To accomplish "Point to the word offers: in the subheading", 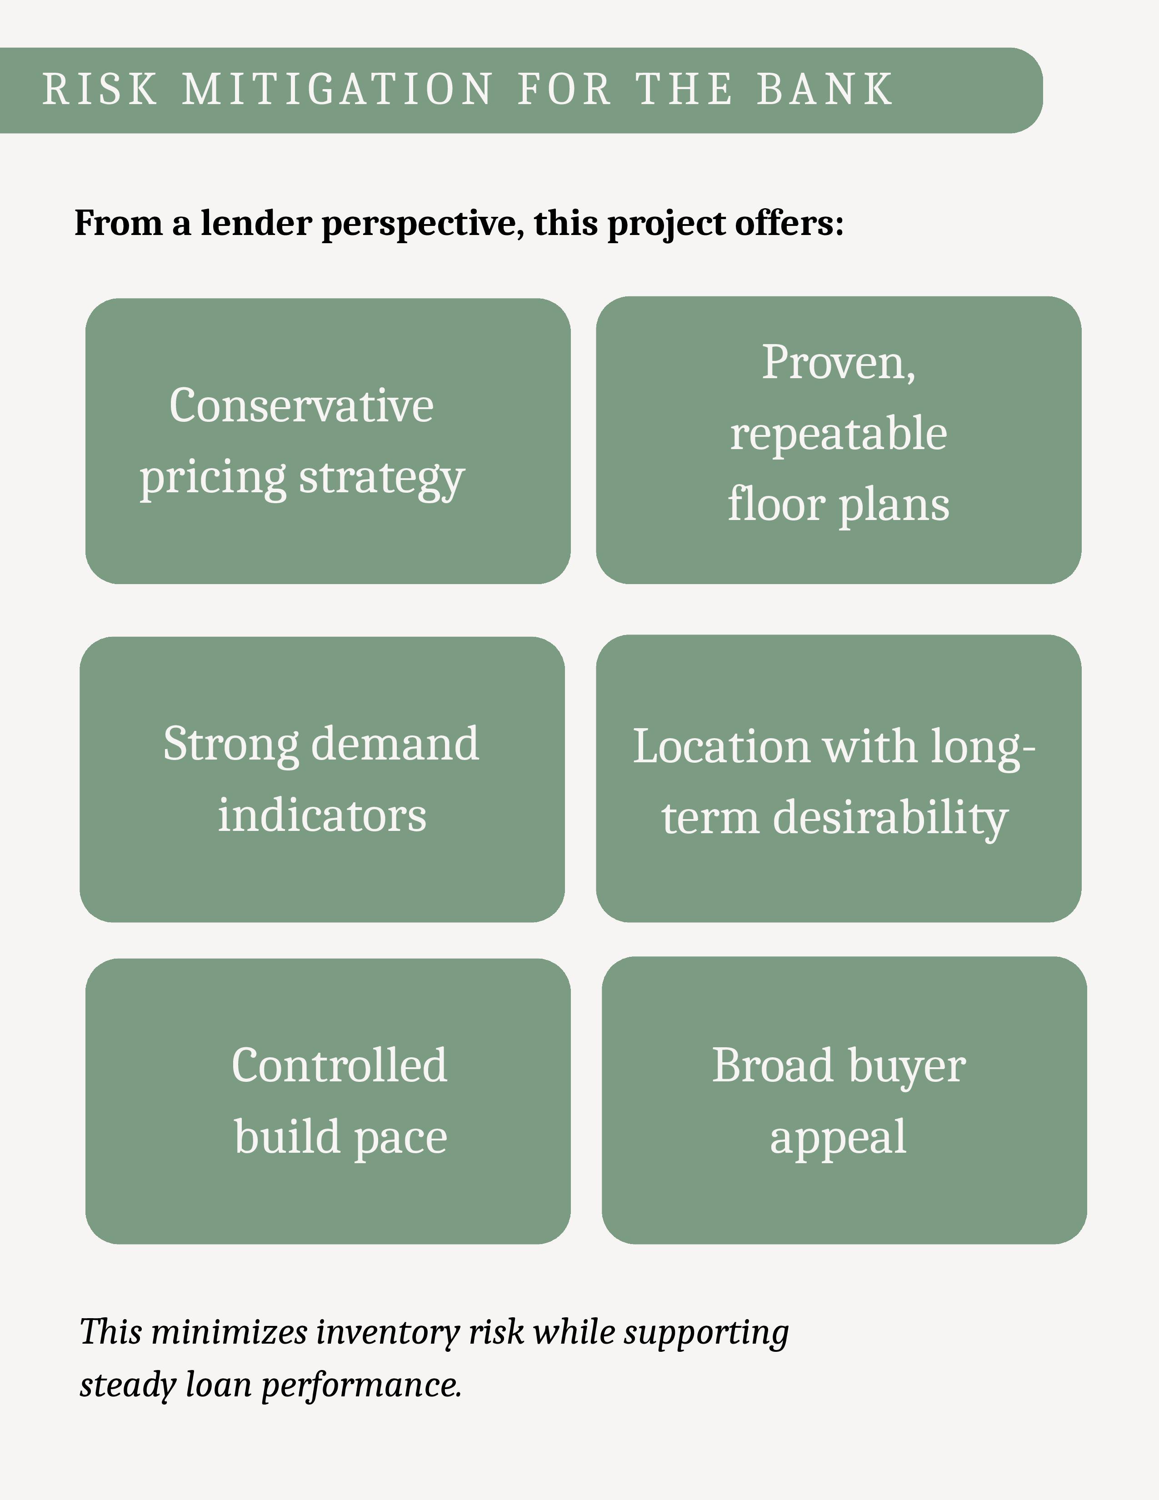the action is point(789,223).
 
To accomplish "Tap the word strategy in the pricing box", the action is point(382,479).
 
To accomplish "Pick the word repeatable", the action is point(839,434).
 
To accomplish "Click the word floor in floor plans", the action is point(776,505).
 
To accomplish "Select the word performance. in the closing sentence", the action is point(361,1385).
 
